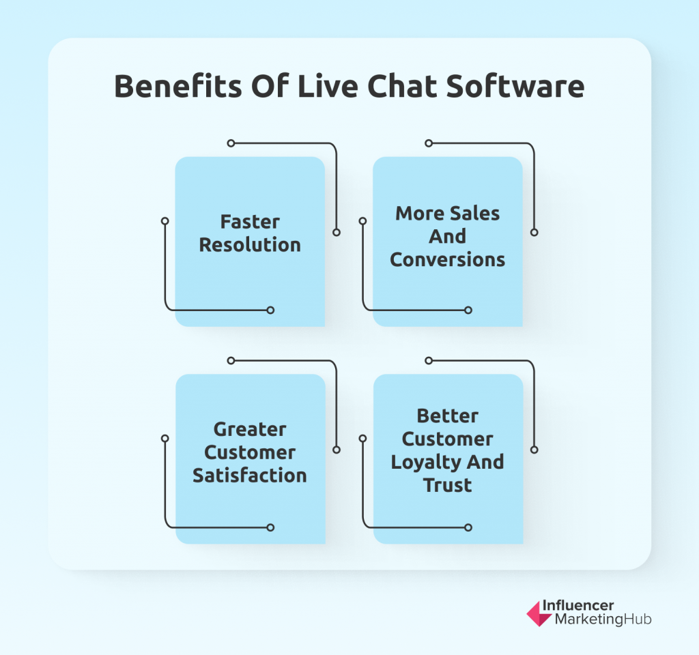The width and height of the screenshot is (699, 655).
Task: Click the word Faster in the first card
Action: [x=250, y=222]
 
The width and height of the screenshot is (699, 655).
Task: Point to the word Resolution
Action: [x=250, y=245]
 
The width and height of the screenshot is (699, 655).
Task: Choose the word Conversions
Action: [x=448, y=259]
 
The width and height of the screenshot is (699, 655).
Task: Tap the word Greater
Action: [x=250, y=430]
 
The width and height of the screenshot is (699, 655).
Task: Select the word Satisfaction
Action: [x=250, y=476]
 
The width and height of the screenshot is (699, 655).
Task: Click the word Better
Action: [x=448, y=416]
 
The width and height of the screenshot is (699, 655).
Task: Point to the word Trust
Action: [x=448, y=485]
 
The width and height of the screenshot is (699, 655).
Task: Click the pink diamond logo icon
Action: [x=539, y=613]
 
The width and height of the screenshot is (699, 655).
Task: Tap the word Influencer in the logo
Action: [x=577, y=606]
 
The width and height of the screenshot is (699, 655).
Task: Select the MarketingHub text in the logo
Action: [x=603, y=620]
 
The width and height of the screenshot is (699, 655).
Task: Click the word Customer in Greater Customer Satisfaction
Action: [x=250, y=453]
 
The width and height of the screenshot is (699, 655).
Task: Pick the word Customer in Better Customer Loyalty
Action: [x=448, y=439]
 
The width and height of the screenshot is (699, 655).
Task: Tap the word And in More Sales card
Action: [x=448, y=236]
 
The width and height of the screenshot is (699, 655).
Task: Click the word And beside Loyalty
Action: [x=485, y=462]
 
